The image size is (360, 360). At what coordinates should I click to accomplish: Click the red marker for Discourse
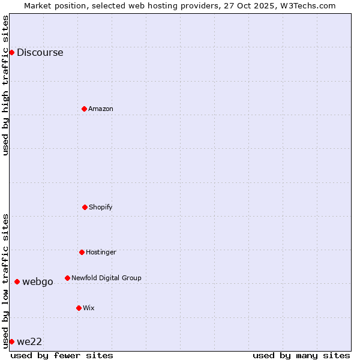[11, 52]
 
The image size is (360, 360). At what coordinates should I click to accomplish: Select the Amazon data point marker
[85, 109]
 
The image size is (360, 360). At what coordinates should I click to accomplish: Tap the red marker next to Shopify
[85, 207]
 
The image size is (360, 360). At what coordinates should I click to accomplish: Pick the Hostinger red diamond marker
[82, 252]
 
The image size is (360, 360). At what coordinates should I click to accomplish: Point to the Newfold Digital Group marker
[67, 278]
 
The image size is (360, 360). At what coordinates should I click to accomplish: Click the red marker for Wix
[79, 308]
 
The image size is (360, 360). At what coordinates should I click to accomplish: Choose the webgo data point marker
[17, 281]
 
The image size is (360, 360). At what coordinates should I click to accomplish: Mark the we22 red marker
[11, 341]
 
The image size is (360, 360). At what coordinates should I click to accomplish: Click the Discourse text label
[40, 52]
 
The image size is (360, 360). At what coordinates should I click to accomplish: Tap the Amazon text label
[101, 109]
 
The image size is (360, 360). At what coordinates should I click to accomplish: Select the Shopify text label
[101, 207]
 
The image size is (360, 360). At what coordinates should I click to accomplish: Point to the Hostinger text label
[101, 252]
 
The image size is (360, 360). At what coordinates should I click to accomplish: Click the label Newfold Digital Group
[106, 278]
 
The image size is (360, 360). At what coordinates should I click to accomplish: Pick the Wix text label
[89, 308]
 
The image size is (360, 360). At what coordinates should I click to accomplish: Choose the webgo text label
[38, 281]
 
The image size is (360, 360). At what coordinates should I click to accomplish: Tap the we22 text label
[29, 341]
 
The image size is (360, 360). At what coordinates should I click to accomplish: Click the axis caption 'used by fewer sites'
[62, 355]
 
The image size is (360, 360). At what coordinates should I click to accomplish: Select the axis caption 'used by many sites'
[301, 355]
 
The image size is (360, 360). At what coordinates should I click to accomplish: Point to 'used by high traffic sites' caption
[5, 85]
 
